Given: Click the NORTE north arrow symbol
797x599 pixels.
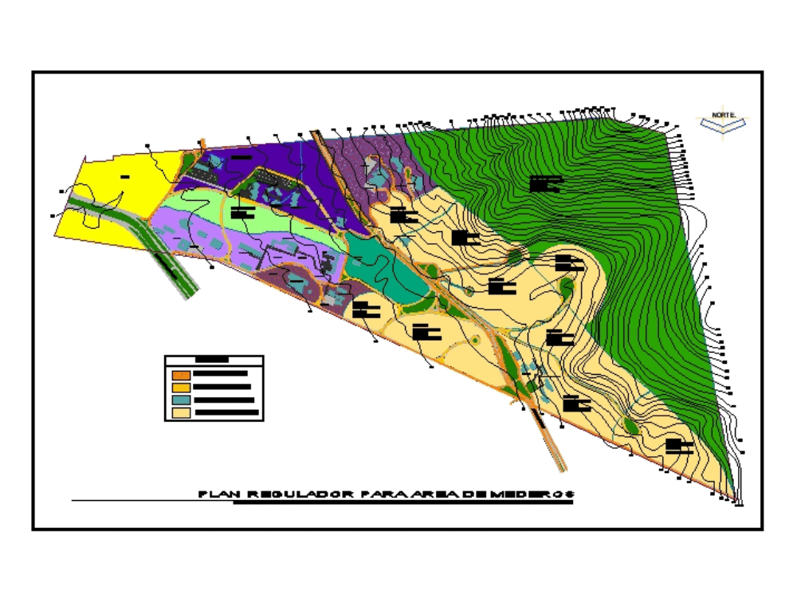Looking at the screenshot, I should coord(723,121).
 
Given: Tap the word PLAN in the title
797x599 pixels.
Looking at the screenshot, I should coord(215,495).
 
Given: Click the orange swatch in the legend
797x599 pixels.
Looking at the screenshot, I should coord(181,373).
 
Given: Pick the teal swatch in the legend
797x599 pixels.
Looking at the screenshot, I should coord(181,400).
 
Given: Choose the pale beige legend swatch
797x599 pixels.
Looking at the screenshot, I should coord(181,413).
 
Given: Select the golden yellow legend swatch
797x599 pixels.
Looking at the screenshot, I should coord(181,387).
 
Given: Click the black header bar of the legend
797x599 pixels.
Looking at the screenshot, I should coord(213,361).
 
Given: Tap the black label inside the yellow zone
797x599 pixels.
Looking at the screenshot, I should coord(125,175).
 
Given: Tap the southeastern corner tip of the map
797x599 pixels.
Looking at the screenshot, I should coord(738,503).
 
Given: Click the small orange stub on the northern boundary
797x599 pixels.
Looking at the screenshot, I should coord(202,144).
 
